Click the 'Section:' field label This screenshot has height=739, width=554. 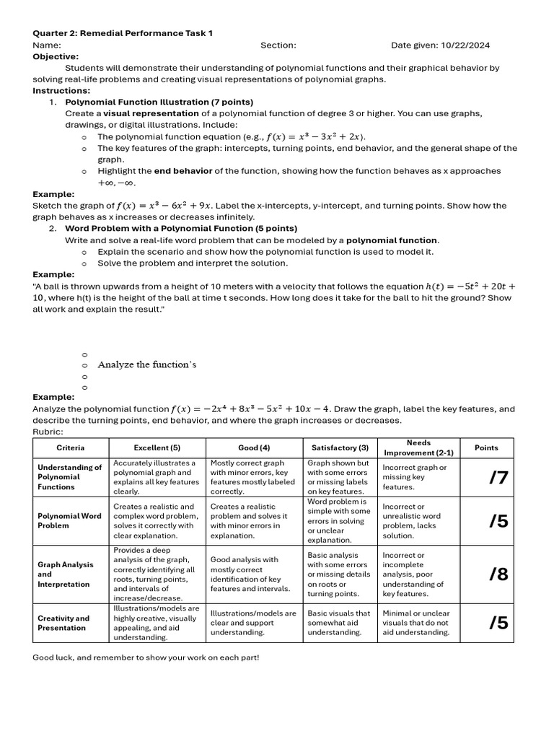point(278,45)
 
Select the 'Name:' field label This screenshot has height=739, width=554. point(47,45)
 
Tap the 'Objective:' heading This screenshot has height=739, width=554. point(56,56)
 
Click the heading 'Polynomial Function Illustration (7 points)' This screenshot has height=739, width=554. point(159,102)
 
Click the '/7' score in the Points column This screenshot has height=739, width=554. point(498,477)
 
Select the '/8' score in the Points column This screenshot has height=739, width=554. point(498,574)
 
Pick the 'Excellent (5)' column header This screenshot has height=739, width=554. point(157,447)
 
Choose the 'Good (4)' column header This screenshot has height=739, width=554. point(254,447)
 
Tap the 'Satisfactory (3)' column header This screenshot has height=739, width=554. point(340,447)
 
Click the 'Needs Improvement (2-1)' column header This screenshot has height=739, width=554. point(418,447)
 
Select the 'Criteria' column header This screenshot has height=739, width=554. point(71,447)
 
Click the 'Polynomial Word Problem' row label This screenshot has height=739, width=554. point(69,521)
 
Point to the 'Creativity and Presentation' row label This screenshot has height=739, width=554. point(63,623)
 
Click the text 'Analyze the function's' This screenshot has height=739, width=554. point(147,364)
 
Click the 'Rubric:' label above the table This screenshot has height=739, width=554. point(48,432)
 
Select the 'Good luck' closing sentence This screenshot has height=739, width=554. point(146,657)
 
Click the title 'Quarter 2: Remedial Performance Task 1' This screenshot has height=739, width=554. point(123,33)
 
